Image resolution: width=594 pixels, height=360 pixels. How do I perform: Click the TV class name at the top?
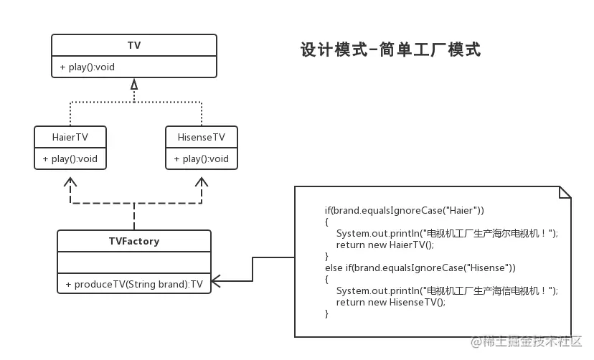point(134,45)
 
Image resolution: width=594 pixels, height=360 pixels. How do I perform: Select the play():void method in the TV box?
point(87,67)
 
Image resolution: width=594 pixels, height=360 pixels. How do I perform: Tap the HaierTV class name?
point(70,137)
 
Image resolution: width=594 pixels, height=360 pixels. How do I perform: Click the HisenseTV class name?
point(201,137)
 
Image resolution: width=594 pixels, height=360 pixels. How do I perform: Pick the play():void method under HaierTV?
point(70,158)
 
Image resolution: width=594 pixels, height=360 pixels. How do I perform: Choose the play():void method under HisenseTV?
point(201,158)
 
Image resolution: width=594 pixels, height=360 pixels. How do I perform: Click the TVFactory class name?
point(134,241)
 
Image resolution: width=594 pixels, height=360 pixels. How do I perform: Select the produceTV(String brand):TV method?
point(134,284)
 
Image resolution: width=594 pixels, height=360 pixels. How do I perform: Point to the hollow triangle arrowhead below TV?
point(134,85)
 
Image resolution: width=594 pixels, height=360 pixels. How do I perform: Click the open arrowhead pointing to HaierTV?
point(70,181)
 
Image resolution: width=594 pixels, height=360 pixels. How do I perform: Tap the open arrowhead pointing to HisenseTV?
point(201,181)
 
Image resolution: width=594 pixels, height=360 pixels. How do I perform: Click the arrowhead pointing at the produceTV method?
point(215,281)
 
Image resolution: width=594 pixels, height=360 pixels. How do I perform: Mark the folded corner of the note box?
point(565,192)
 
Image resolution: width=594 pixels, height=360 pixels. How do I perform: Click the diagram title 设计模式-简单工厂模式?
point(390,49)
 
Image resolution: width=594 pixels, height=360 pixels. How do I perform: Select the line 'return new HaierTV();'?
point(385,245)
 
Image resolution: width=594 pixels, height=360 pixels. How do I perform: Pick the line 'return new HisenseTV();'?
point(391,302)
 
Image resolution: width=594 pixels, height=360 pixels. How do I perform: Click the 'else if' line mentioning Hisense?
point(420,268)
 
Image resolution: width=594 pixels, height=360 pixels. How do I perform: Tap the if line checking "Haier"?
point(404,210)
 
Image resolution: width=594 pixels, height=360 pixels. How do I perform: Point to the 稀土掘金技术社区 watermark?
point(526,341)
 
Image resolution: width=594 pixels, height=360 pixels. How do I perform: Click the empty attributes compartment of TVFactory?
point(134,262)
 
